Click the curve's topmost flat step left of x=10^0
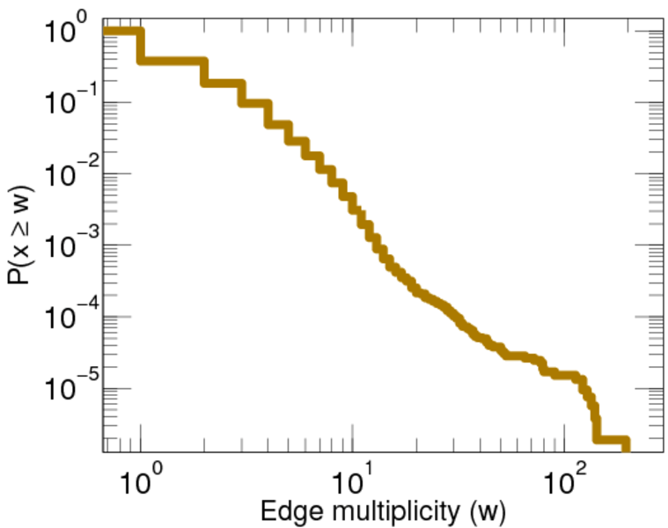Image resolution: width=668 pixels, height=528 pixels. (121, 33)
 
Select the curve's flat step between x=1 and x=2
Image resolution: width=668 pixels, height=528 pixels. (173, 62)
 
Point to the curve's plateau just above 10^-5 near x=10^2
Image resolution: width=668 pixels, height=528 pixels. (563, 374)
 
